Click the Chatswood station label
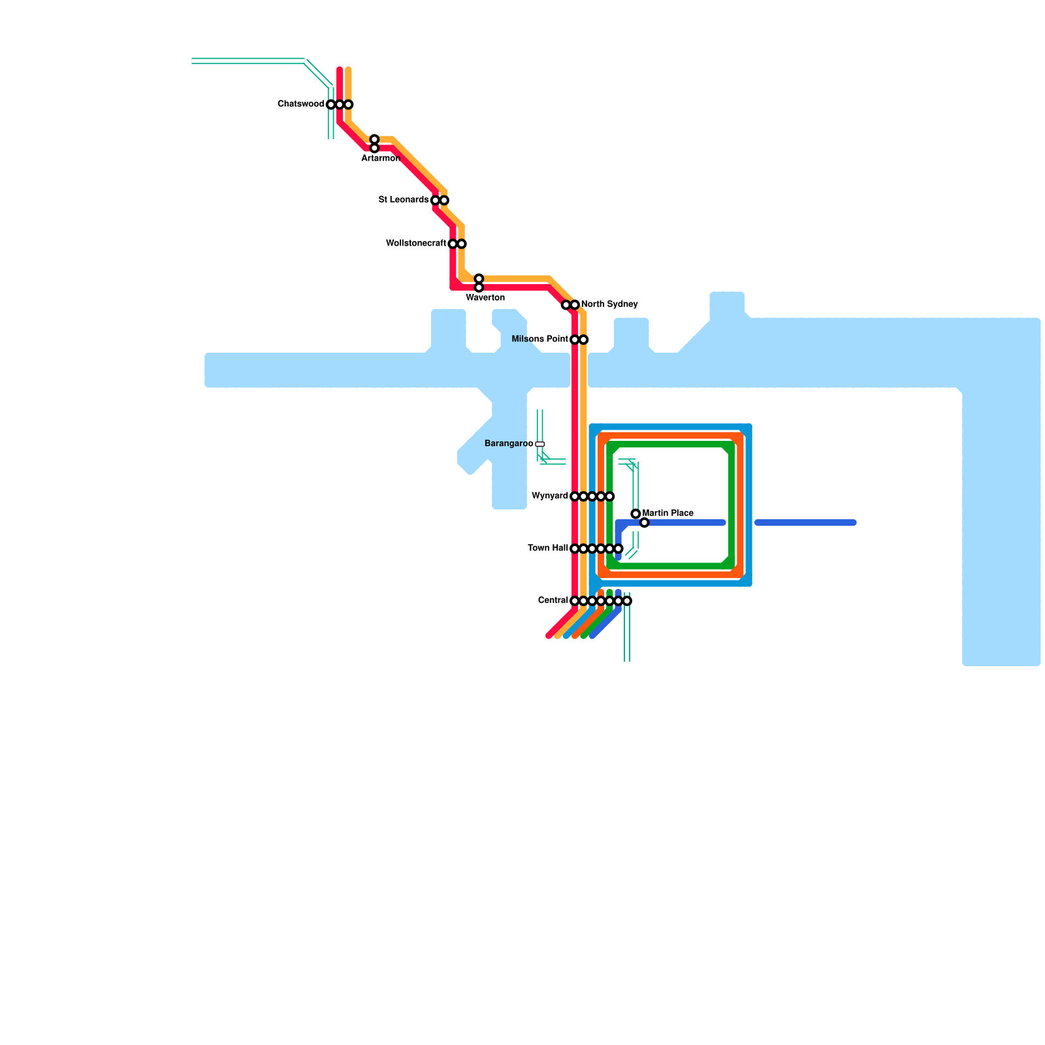pos(300,104)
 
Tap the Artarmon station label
pos(381,159)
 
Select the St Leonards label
pos(404,200)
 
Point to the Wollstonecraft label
pos(416,244)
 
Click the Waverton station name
pos(485,298)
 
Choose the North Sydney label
pos(609,304)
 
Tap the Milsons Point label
pos(540,340)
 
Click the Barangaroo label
pos(508,444)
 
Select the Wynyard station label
pos(550,496)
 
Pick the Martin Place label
pos(668,513)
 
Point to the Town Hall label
pos(548,549)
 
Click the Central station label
pos(553,601)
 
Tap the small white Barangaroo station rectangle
pos(540,444)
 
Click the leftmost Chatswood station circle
pos(331,104)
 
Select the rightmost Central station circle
pos(627,601)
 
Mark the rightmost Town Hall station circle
pos(619,549)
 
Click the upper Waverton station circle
pos(479,279)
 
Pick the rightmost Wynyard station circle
pos(610,496)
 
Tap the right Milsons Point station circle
pos(584,340)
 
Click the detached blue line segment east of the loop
pos(805,522)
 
